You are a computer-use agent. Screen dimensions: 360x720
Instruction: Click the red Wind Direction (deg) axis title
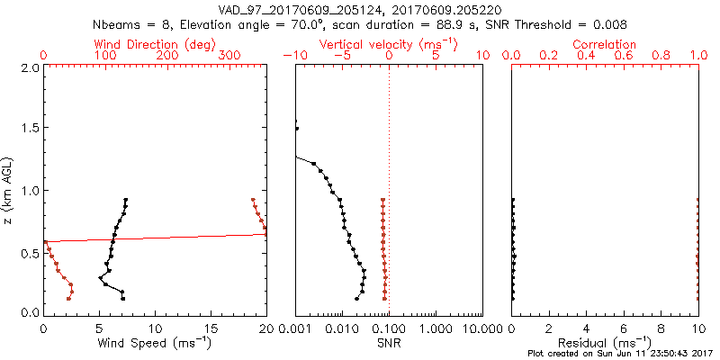tap(155, 44)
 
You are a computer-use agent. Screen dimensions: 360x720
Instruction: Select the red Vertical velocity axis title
tap(388, 44)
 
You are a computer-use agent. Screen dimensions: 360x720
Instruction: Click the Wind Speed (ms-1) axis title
tap(155, 342)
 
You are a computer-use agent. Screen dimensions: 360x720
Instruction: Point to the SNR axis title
tap(389, 342)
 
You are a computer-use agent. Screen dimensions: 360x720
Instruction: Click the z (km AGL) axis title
tap(9, 190)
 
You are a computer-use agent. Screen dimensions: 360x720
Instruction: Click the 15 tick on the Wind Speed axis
tap(211, 328)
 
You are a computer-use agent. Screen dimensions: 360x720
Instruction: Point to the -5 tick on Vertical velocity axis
tap(340, 56)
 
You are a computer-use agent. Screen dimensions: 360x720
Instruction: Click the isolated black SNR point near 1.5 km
tap(296, 129)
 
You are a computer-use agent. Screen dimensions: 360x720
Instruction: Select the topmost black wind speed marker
tap(126, 200)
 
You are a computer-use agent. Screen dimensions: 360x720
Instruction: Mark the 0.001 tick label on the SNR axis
tap(295, 328)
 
